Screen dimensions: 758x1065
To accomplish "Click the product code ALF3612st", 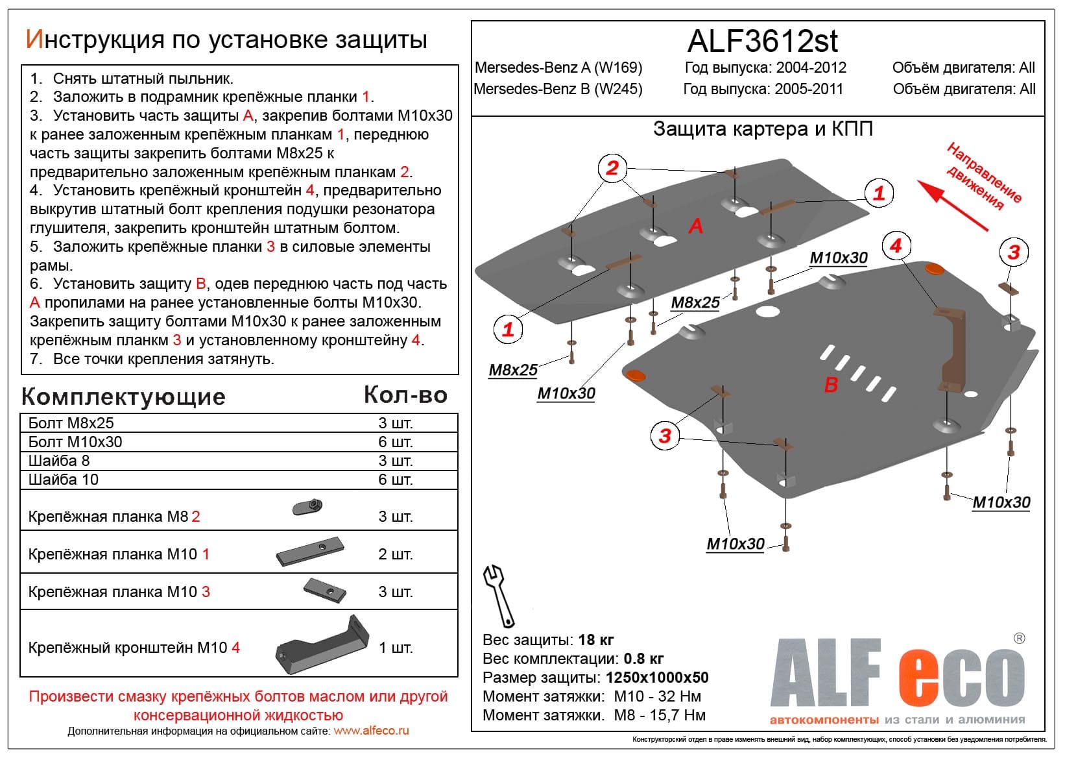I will point(762,41).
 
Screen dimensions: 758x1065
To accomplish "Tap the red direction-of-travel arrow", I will point(952,205).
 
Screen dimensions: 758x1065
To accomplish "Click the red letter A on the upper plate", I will point(696,226).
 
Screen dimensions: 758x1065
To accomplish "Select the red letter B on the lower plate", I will point(831,385).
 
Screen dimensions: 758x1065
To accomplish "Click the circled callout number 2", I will point(612,168).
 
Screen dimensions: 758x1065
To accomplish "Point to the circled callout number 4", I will point(896,246).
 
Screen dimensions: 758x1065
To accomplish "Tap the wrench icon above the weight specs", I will point(499,594).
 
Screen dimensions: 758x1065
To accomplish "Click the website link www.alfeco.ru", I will point(371,731).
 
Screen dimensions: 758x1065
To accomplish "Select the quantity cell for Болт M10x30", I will point(395,442).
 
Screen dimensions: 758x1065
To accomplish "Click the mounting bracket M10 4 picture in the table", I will point(322,646).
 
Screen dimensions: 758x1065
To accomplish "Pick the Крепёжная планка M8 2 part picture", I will point(307,507).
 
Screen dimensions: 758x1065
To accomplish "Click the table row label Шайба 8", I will point(59,461).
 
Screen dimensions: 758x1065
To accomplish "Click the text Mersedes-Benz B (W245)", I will point(558,89).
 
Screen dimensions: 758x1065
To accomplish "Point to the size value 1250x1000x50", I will point(656,678).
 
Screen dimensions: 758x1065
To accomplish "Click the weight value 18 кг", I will point(595,640).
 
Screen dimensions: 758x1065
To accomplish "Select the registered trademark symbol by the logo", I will point(1019,638).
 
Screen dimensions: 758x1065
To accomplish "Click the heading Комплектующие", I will point(123,397).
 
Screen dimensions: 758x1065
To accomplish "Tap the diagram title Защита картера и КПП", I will point(762,128).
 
